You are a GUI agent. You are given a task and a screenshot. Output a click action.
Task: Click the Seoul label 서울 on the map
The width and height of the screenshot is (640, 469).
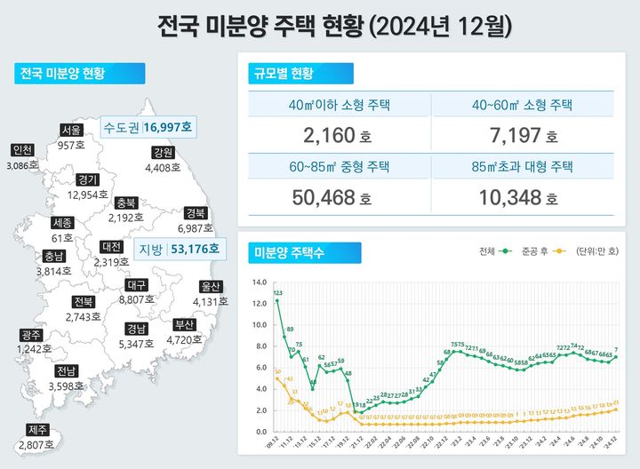coord(71,130)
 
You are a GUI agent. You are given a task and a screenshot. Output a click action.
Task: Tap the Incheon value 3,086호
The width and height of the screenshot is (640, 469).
coord(22,165)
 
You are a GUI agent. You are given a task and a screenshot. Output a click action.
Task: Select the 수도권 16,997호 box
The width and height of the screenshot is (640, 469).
coord(148,127)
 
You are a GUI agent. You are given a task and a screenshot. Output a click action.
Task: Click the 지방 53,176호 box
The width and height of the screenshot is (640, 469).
coord(178,249)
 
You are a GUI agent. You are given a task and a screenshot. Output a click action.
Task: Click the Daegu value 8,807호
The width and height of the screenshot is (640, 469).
coord(137,300)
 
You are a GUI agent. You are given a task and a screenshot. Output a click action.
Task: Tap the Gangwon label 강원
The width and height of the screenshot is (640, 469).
coord(163,152)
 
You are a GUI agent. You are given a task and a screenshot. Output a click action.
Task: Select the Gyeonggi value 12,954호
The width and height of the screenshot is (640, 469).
coord(88,194)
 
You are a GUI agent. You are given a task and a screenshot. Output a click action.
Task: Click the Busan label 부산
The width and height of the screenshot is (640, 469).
coord(183,324)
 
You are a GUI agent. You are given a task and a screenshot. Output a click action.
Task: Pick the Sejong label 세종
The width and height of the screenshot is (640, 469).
coord(62,222)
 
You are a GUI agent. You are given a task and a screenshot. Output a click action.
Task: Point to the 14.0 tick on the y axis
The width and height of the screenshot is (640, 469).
coord(260,282)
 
